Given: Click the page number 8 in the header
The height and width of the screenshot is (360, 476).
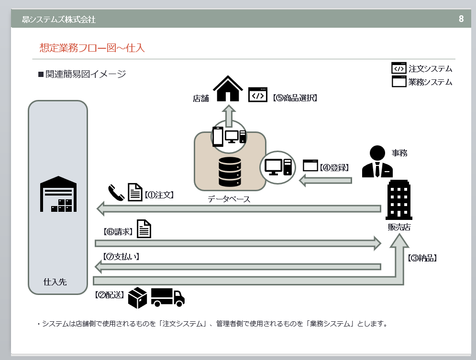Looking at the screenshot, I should click(x=461, y=19).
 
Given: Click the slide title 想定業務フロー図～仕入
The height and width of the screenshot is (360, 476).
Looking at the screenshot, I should click(x=92, y=48).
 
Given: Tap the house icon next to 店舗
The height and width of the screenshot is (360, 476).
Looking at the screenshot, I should click(x=228, y=89).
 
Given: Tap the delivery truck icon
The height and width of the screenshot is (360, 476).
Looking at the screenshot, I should click(x=167, y=297).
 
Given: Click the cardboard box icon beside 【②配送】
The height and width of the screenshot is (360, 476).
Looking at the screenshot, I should click(x=137, y=297).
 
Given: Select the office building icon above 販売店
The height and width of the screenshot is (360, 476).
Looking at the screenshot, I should click(x=399, y=200).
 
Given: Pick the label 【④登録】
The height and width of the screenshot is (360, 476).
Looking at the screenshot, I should click(x=335, y=167).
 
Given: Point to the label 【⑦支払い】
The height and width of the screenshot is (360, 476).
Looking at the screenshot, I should click(x=121, y=256).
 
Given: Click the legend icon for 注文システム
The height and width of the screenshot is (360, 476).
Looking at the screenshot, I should click(x=399, y=68).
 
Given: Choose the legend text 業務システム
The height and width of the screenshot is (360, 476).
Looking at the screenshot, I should click(x=430, y=82).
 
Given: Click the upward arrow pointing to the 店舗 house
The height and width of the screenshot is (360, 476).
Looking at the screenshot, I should click(x=229, y=114).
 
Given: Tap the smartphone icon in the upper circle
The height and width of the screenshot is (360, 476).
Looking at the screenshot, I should click(x=218, y=137).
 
